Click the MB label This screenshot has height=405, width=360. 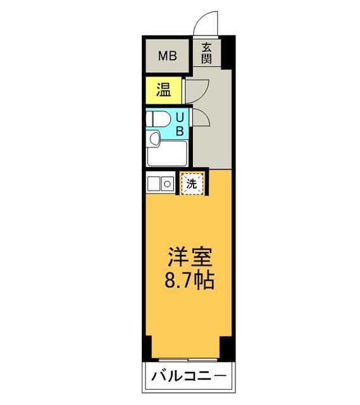pos(167,55)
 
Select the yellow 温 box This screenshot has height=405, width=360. pos(164,90)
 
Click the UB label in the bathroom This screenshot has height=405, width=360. pos(180,124)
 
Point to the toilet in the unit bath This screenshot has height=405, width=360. pos(158,118)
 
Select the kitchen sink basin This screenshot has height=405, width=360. pos(154,184)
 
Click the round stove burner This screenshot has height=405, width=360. pos(167,184)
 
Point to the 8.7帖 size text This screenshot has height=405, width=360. pos(189,279)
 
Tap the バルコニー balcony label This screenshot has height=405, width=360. pos(188,378)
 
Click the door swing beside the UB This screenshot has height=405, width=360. pos(195,120)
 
